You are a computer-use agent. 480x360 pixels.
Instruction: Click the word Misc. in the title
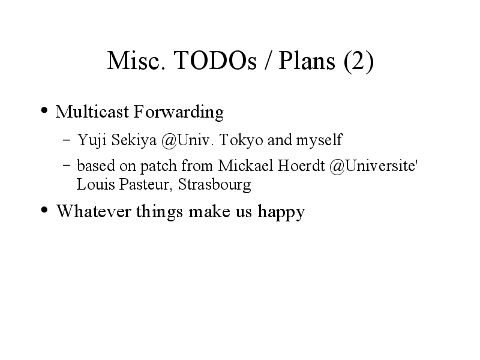coord(137,61)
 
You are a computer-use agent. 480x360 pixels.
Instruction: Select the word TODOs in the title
coord(215,61)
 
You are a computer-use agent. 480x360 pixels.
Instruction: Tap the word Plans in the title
coord(307,61)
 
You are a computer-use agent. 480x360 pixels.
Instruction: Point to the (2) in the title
coord(358,61)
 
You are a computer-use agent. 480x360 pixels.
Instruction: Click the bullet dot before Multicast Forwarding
coord(44,110)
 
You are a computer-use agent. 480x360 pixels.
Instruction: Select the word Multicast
coord(92,112)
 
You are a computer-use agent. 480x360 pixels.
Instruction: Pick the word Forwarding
coord(179,112)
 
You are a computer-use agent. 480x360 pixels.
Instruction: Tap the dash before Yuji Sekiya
coord(67,140)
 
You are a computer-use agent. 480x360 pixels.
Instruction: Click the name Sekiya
coord(134,140)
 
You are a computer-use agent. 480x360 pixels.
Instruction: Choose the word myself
coord(319,140)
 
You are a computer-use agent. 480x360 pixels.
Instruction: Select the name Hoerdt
coord(301,166)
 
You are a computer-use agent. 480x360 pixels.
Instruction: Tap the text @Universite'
coord(373,166)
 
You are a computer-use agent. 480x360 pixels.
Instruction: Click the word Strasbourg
coord(214,185)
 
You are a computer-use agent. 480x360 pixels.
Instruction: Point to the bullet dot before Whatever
coord(44,210)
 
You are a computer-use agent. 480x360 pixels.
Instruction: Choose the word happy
coord(281,212)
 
